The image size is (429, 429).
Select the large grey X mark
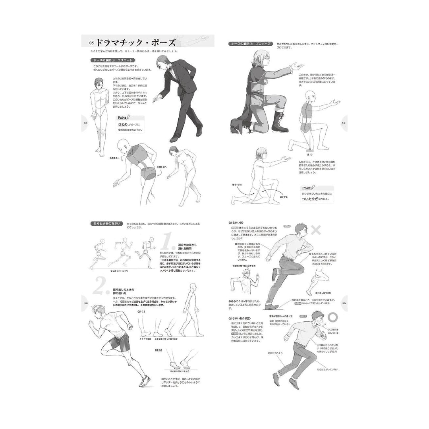tap(316, 230)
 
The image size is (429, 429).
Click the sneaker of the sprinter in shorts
tap(145, 382)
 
